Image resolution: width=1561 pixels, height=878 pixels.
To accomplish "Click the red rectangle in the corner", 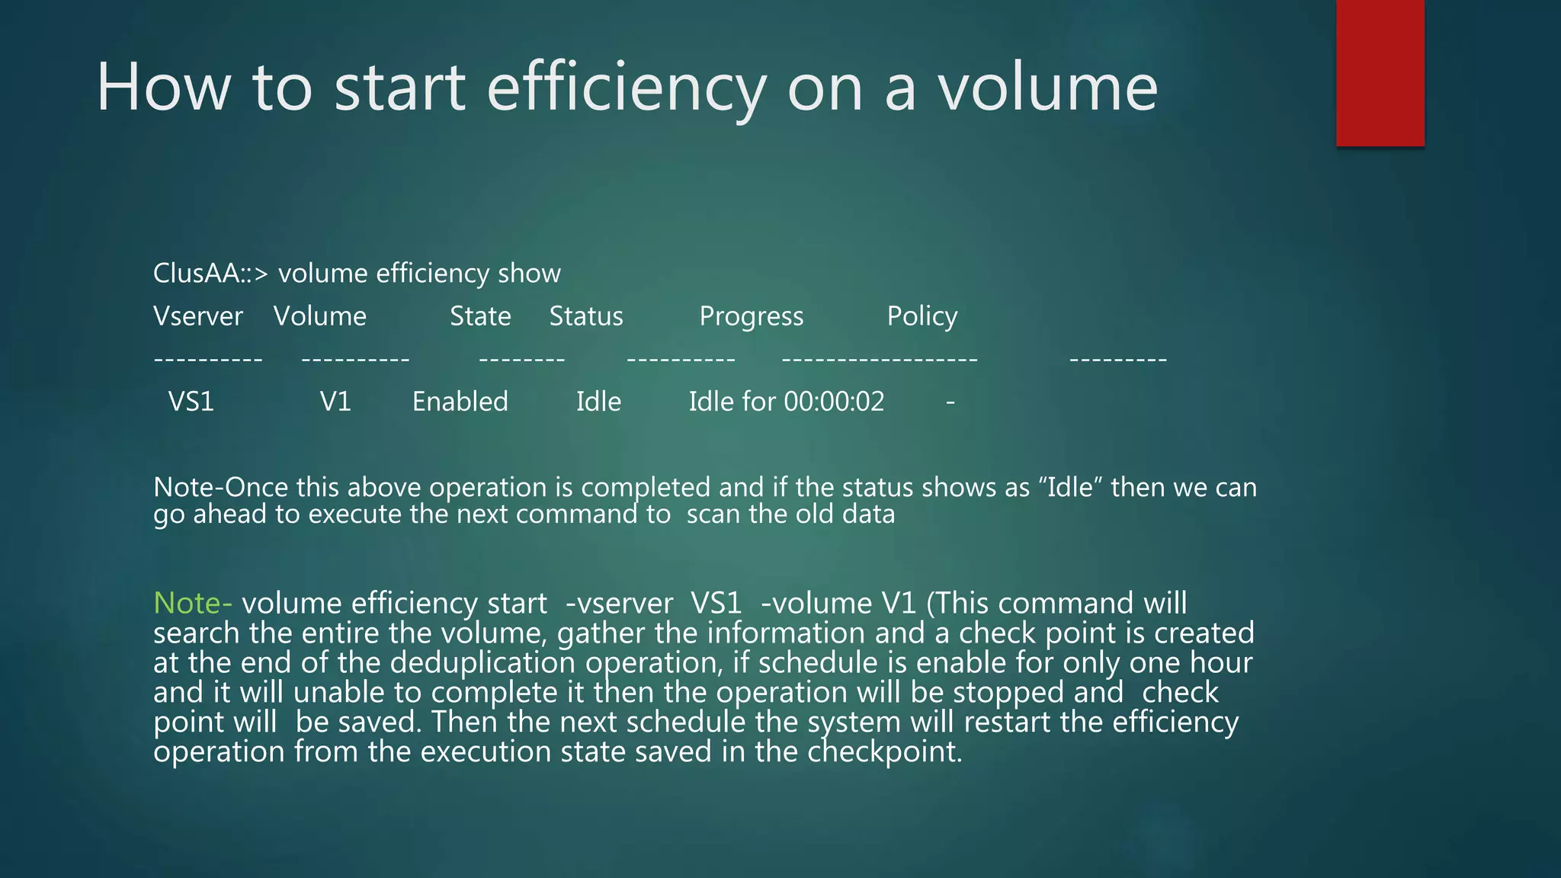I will pos(1380,72).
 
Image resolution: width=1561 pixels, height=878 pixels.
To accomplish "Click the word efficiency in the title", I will pos(626,88).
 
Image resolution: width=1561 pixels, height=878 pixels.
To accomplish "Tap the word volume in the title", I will pos(1047,88).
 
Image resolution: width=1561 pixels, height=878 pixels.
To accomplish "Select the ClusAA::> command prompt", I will pos(210,273).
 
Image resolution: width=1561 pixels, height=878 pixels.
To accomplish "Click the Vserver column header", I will pos(198,316).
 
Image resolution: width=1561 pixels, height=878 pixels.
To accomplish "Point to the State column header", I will pos(480,316).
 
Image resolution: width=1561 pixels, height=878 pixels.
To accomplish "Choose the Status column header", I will pos(586,316).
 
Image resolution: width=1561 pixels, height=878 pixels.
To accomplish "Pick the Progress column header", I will pos(751,316).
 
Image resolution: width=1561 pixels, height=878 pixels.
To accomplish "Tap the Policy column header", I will pos(922,316).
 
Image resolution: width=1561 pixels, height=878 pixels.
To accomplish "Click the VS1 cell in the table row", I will pos(191,402).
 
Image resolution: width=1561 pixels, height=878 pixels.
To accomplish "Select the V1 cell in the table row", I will pos(335,402).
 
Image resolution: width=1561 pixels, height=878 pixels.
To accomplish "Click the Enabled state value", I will pos(460,402).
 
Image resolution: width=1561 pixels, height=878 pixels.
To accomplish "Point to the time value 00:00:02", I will pos(834,402).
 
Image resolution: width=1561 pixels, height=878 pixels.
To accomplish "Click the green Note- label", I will pos(192,603).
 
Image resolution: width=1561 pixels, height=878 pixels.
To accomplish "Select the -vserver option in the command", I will pos(619,604).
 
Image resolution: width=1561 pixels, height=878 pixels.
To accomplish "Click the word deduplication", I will pos(482,663).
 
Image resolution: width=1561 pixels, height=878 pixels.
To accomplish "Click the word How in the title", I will pos(163,88).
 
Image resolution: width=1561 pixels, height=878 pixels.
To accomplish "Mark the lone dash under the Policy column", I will pos(950,402).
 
